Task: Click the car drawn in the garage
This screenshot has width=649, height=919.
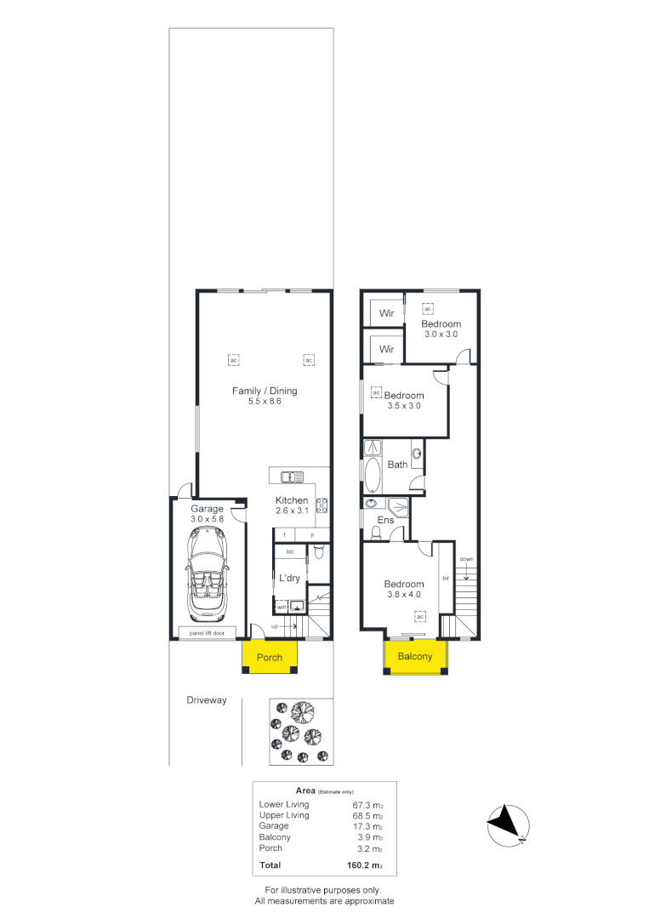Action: click(x=206, y=574)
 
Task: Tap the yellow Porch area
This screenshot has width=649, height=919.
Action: click(x=269, y=658)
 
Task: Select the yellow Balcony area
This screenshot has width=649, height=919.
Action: click(x=415, y=657)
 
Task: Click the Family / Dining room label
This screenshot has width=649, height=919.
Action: click(x=265, y=391)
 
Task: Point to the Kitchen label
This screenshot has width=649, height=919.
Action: click(x=292, y=500)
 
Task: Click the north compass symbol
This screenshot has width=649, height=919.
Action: click(x=508, y=825)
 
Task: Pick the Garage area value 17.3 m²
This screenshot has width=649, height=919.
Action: click(x=367, y=826)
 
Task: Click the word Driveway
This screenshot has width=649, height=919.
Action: click(x=207, y=700)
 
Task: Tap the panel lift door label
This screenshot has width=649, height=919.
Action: click(x=207, y=633)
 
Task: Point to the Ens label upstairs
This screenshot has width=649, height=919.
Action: click(x=385, y=520)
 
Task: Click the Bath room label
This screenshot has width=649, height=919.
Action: click(x=397, y=465)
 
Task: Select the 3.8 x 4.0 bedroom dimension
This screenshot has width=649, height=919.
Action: click(x=403, y=595)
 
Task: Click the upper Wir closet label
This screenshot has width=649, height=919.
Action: click(x=387, y=313)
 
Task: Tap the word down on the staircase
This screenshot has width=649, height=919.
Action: click(x=466, y=559)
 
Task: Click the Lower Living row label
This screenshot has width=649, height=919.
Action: click(x=284, y=804)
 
